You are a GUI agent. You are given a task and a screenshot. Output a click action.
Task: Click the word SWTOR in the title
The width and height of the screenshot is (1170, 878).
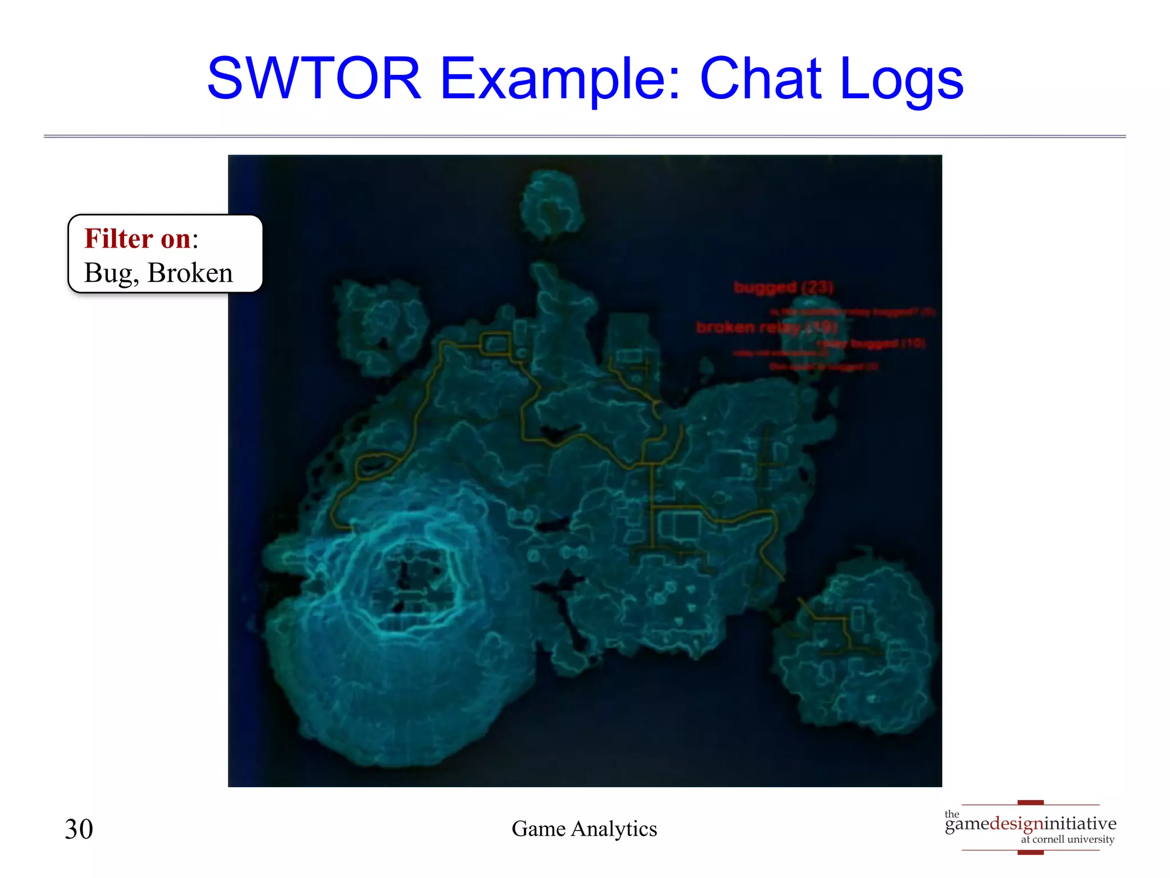(x=314, y=78)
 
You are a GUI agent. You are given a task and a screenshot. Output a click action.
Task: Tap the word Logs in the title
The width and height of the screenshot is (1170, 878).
(x=901, y=79)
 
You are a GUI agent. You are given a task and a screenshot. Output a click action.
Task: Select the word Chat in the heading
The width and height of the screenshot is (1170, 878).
(x=760, y=78)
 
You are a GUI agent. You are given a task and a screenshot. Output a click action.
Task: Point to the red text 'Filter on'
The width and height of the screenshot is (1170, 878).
(x=137, y=238)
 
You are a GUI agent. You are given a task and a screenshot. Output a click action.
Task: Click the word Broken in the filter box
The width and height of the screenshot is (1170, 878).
(x=190, y=273)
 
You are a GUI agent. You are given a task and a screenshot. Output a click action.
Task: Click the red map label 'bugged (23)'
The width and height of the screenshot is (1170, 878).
(x=783, y=287)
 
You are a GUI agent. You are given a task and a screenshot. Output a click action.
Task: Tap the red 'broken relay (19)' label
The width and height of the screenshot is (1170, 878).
(x=766, y=327)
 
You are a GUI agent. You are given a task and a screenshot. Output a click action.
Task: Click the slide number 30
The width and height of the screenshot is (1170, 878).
(x=79, y=829)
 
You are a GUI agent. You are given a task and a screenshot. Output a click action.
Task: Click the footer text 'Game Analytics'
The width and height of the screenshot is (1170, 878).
(x=584, y=829)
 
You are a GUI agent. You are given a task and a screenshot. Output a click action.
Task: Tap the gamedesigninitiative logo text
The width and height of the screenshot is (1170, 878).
(x=1030, y=824)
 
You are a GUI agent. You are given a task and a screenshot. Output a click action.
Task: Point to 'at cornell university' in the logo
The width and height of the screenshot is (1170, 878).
(x=1067, y=839)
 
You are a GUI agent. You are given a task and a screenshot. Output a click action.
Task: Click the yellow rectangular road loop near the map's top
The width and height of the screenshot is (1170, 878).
(x=496, y=344)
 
